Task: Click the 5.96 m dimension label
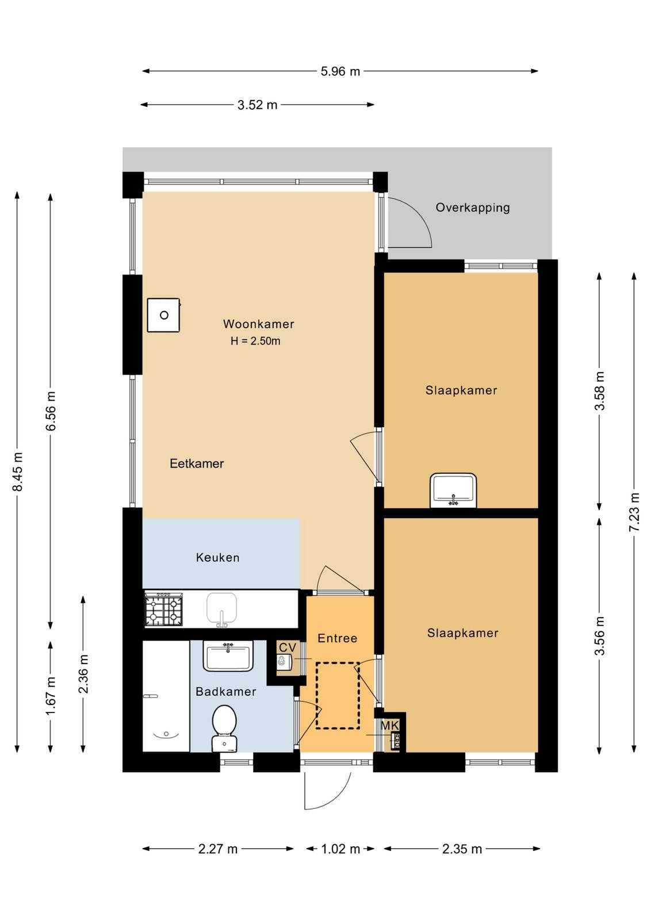pos(340,71)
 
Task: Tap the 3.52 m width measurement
pos(257,105)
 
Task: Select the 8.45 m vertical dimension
pos(18,471)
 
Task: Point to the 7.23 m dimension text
pos(634,512)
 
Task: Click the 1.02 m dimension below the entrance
pos(340,849)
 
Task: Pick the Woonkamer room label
pos(258,324)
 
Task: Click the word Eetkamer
pos(197,463)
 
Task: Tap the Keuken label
pos(217,558)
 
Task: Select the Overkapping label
pos(473,208)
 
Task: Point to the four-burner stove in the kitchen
pos(164,610)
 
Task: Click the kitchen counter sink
pos(222,610)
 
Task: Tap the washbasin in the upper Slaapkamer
pos(453,490)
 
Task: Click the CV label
pos(288,648)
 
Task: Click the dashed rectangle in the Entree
pos(338,695)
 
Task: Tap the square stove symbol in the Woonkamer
pos(164,316)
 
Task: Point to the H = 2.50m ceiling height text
pos(255,342)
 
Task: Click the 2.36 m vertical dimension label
pos(83,673)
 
